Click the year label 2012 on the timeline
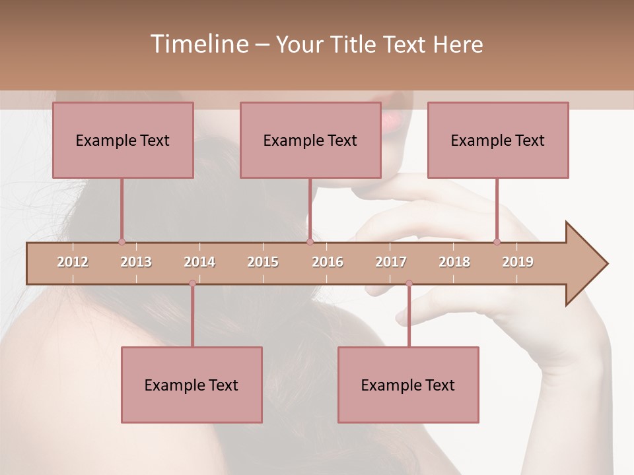[73, 262]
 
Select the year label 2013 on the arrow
[136, 262]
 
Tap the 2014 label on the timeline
[199, 262]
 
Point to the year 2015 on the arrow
[263, 262]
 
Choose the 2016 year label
[328, 262]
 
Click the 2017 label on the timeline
[391, 262]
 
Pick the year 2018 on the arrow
[454, 262]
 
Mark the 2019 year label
[518, 262]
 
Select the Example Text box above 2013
[123, 140]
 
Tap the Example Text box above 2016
[310, 140]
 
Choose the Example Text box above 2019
[498, 140]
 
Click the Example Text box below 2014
[192, 385]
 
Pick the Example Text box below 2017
[408, 385]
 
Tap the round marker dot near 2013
[122, 241]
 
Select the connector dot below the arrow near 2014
[192, 283]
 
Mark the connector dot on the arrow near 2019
[497, 241]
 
